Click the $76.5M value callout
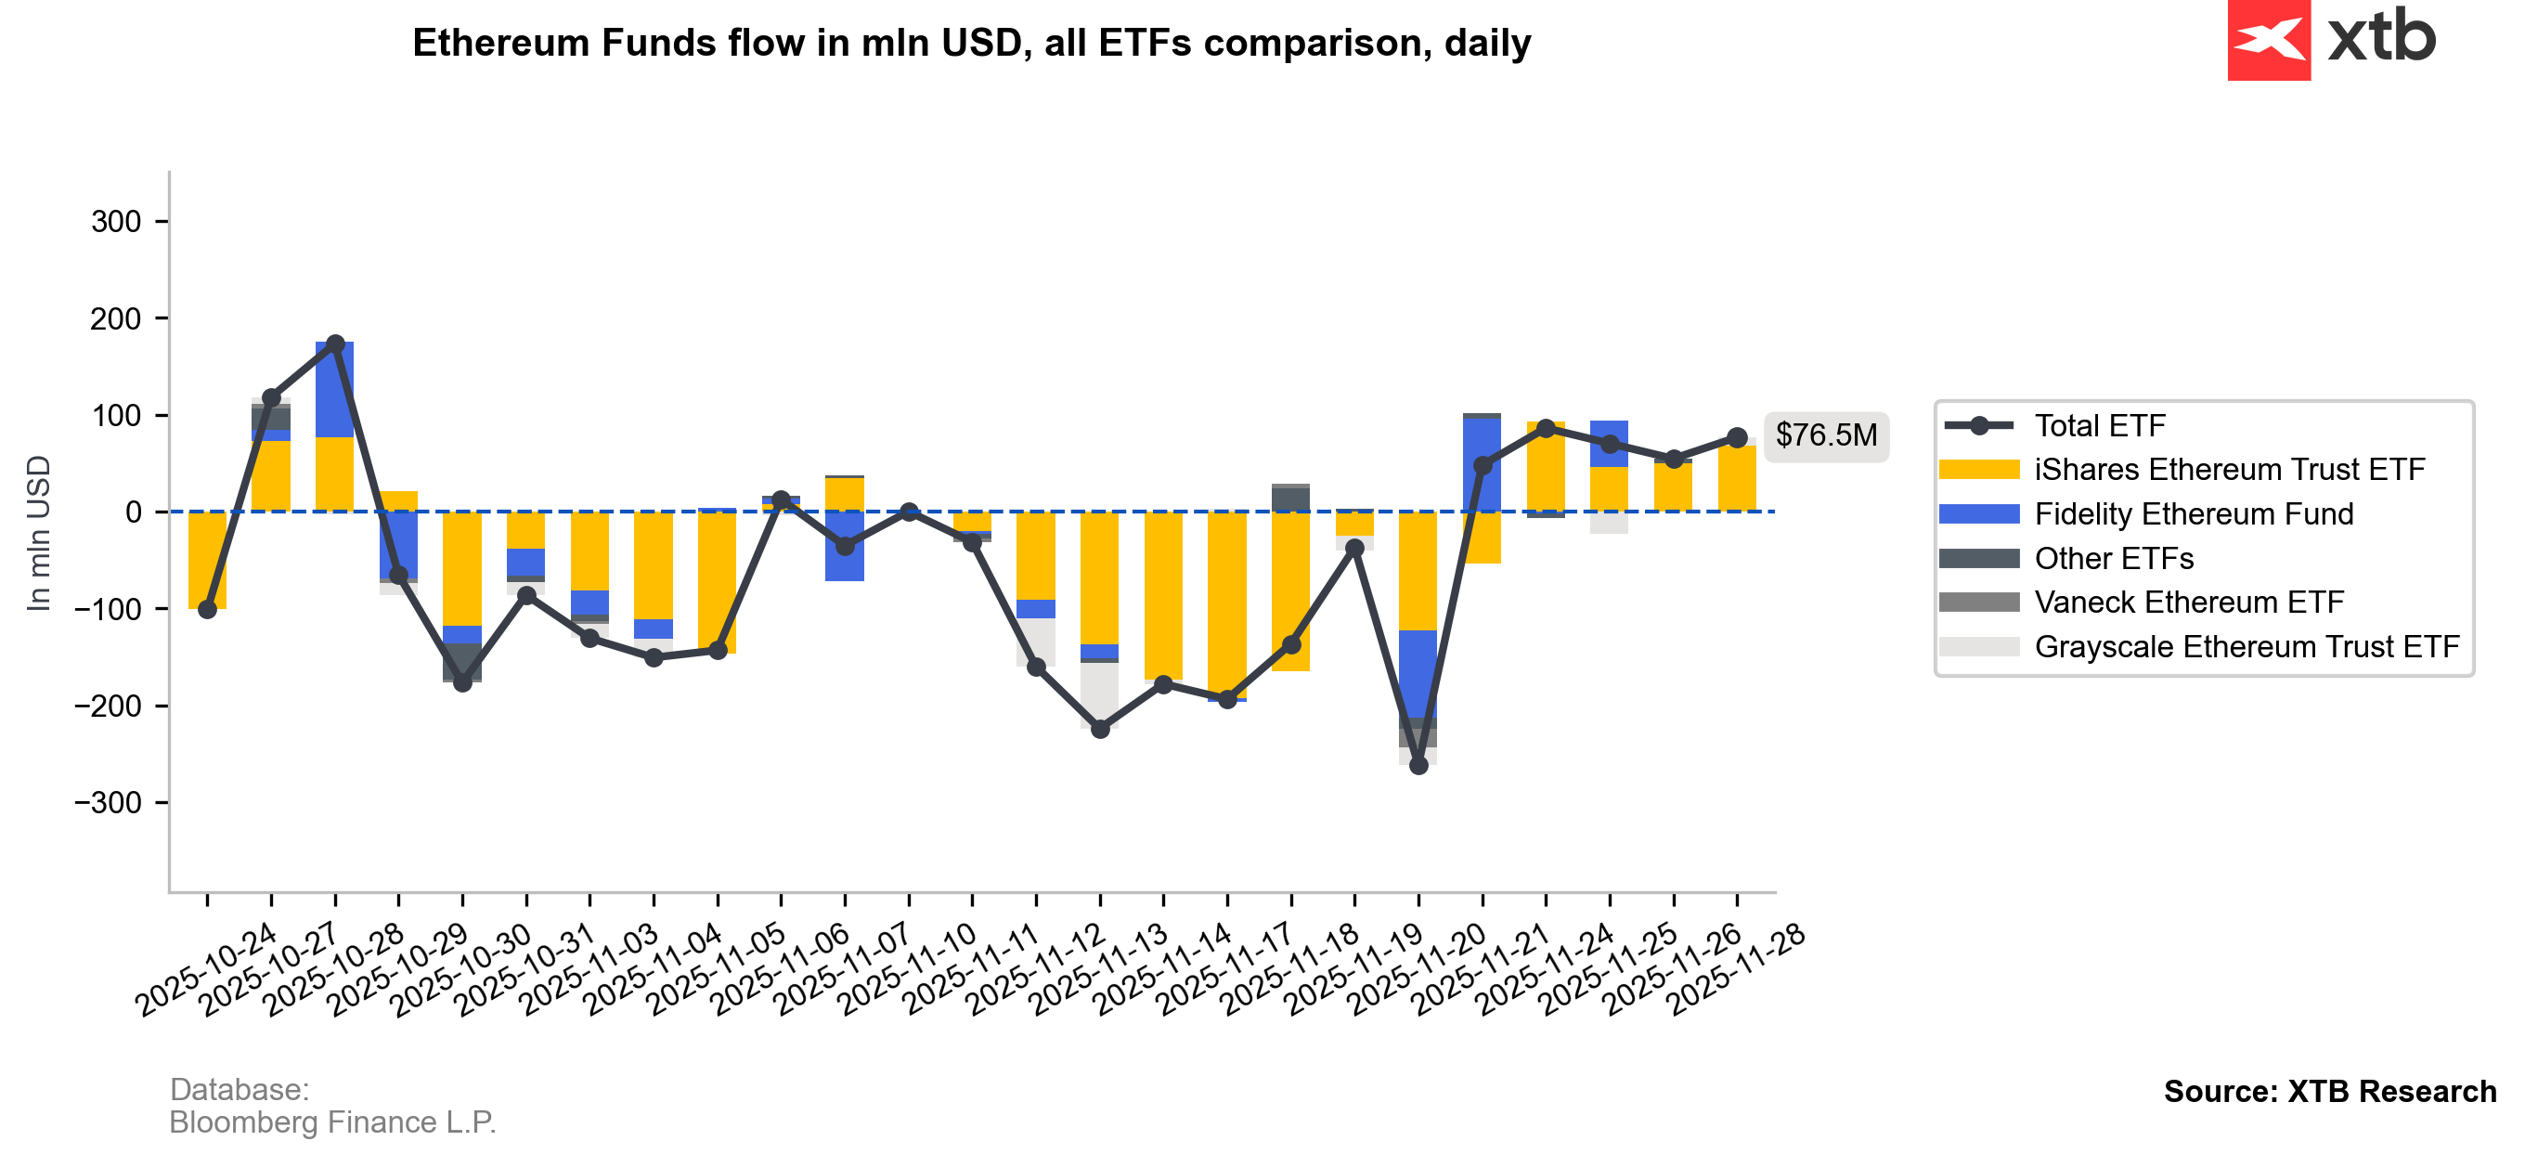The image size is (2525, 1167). click(x=1825, y=435)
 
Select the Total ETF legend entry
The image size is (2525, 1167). click(x=2100, y=425)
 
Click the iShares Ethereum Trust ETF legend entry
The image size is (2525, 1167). click(x=2229, y=470)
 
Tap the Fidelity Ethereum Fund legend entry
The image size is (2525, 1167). click(x=2193, y=514)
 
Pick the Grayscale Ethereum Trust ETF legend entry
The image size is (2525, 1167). click(x=2246, y=647)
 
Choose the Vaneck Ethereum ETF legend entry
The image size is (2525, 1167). click(x=2188, y=603)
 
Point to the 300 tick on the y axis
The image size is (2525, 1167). click(x=117, y=222)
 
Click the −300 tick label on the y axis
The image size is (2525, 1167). click(x=108, y=802)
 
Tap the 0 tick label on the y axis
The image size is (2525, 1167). click(x=134, y=512)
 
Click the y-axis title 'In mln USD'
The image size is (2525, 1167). click(x=38, y=534)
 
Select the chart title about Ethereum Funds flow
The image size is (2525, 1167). click(x=971, y=43)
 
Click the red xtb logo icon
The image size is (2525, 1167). click(x=2268, y=39)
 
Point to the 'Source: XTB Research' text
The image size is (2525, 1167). click(x=2329, y=1092)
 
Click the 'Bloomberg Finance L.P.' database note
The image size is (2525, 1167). click(x=332, y=1122)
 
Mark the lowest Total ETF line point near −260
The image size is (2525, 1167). click(x=1418, y=766)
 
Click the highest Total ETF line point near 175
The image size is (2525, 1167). click(x=335, y=344)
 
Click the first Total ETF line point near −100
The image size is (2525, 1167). click(x=208, y=610)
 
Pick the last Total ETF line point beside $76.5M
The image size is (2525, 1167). click(x=1737, y=437)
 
